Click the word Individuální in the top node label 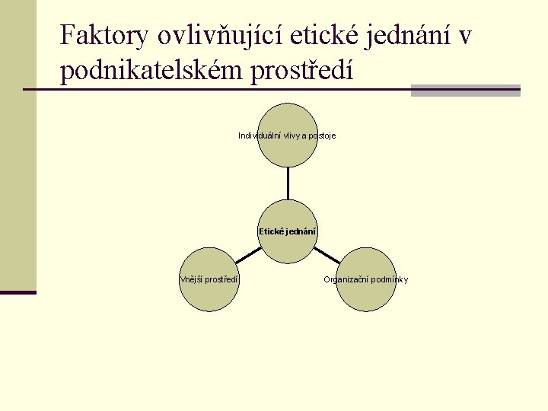point(260,135)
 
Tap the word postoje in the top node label point(321,135)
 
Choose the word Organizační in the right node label point(346,279)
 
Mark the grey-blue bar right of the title point(465,90)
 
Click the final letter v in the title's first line point(466,36)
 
